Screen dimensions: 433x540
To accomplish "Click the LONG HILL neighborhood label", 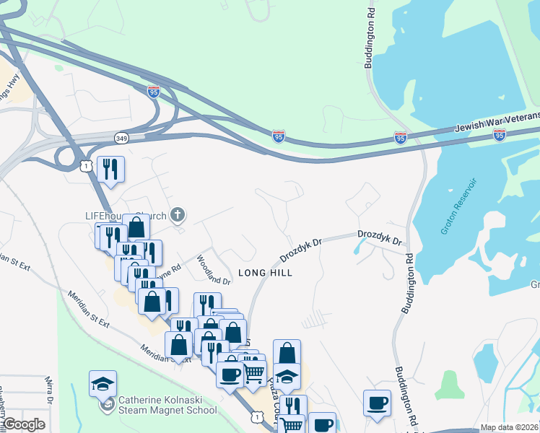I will click(266, 273).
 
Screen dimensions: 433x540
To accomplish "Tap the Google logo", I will click(24, 424).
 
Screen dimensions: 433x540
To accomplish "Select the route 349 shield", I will click(121, 137).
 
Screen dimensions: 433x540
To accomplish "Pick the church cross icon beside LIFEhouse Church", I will click(178, 214).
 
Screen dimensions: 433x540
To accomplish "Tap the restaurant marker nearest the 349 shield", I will click(110, 170).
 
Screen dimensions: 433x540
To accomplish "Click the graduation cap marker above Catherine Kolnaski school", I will click(103, 383).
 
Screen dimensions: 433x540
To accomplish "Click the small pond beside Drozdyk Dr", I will click(358, 246).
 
